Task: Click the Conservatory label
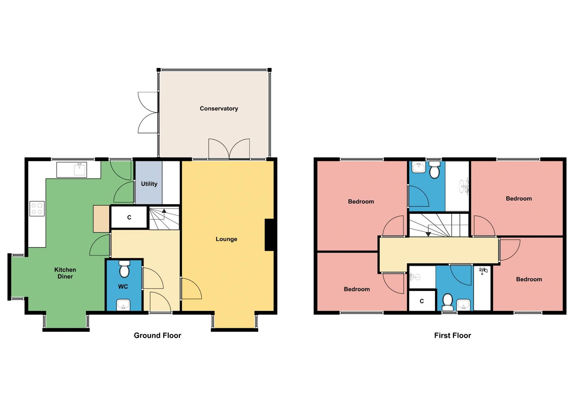click(219, 109)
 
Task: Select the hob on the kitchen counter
click(37, 209)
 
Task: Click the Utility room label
click(149, 184)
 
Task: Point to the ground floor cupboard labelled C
click(129, 217)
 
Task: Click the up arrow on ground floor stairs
click(164, 211)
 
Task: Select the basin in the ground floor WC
click(123, 305)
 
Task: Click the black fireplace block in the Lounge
click(269, 235)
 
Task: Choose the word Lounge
click(226, 239)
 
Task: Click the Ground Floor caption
click(157, 335)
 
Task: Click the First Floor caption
click(452, 335)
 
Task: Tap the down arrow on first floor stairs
click(428, 234)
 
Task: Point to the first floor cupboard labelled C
click(422, 301)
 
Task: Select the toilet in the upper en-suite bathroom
click(434, 170)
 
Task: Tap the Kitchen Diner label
click(65, 273)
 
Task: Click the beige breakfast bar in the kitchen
click(101, 219)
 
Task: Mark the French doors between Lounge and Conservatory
click(229, 149)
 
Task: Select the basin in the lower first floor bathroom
click(463, 305)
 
